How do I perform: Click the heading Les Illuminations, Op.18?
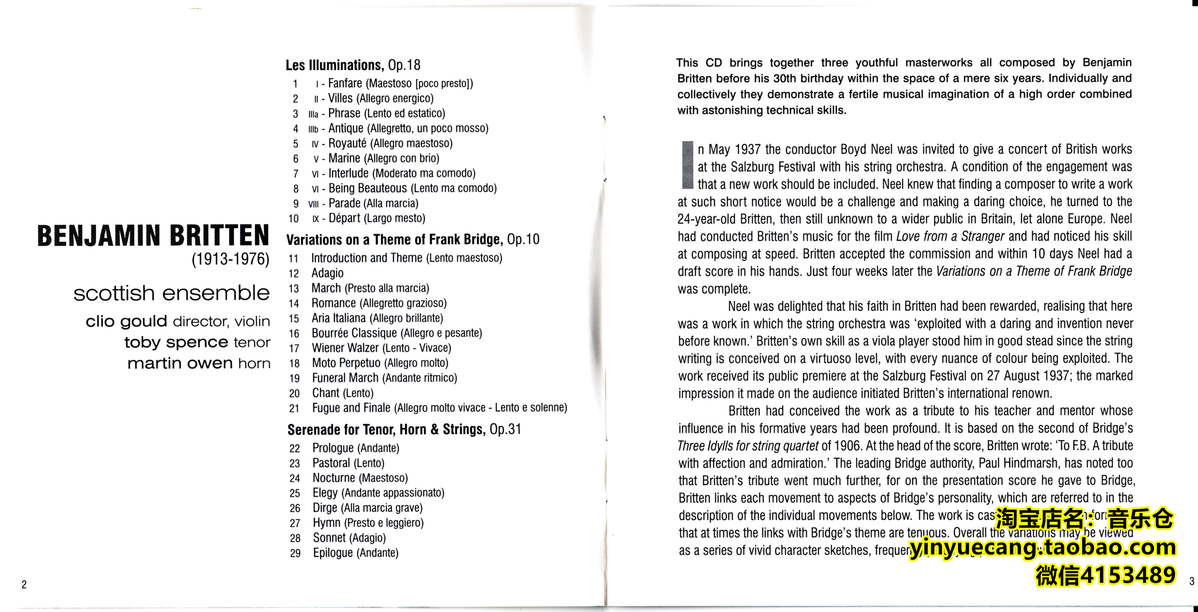(x=353, y=65)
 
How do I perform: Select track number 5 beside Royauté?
(x=295, y=144)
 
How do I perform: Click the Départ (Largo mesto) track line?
(x=377, y=218)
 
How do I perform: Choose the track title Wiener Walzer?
(x=345, y=348)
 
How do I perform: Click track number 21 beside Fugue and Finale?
(x=294, y=409)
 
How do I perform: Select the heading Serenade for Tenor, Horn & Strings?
(x=386, y=430)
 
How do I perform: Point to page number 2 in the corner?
(x=24, y=584)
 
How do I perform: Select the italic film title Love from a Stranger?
(x=950, y=236)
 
